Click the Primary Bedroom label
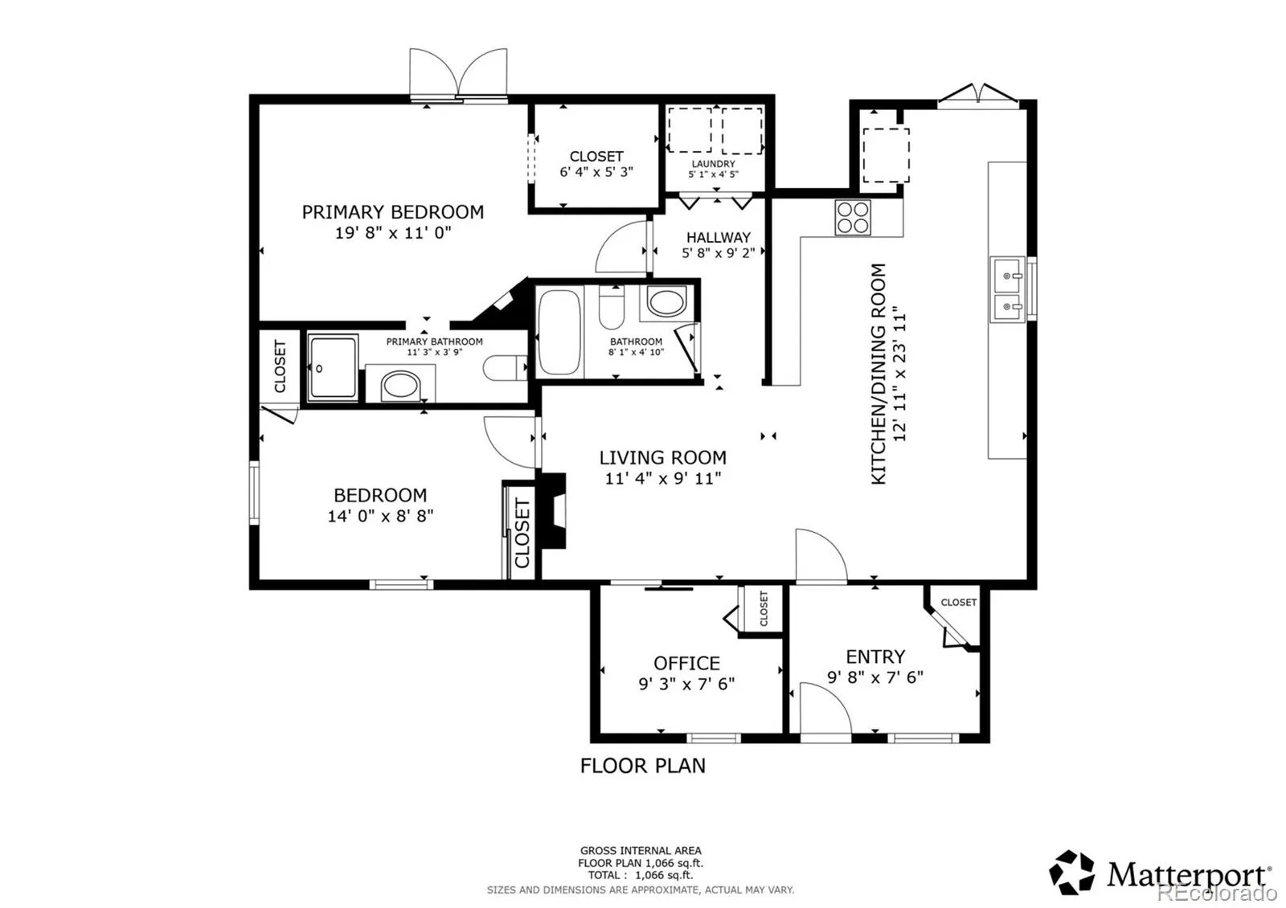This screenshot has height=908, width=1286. coord(393,212)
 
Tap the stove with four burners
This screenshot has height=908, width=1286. coord(853,218)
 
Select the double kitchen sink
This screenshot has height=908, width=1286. coord(1007,289)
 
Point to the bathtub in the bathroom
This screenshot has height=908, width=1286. coord(559,333)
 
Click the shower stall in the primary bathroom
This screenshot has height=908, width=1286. coord(333,368)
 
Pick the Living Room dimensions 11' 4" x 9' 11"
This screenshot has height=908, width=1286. coord(663,478)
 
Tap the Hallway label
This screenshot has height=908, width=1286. coord(719,237)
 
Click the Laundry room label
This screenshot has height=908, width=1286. coord(713,164)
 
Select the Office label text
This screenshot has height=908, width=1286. coord(686,663)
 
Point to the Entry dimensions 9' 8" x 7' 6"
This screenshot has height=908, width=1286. coord(875,677)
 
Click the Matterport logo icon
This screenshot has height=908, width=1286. coord(1071,872)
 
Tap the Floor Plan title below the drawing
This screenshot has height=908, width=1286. coord(642,766)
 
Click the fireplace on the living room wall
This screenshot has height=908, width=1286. coord(554,510)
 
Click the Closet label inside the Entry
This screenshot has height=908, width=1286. coord(958,602)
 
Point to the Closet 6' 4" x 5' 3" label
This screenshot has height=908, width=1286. coord(596,164)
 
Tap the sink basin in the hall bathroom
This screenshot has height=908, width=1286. coord(666,302)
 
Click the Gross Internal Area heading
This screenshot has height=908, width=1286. coord(641,851)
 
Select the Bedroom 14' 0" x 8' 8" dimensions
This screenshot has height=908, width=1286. coord(380,516)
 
